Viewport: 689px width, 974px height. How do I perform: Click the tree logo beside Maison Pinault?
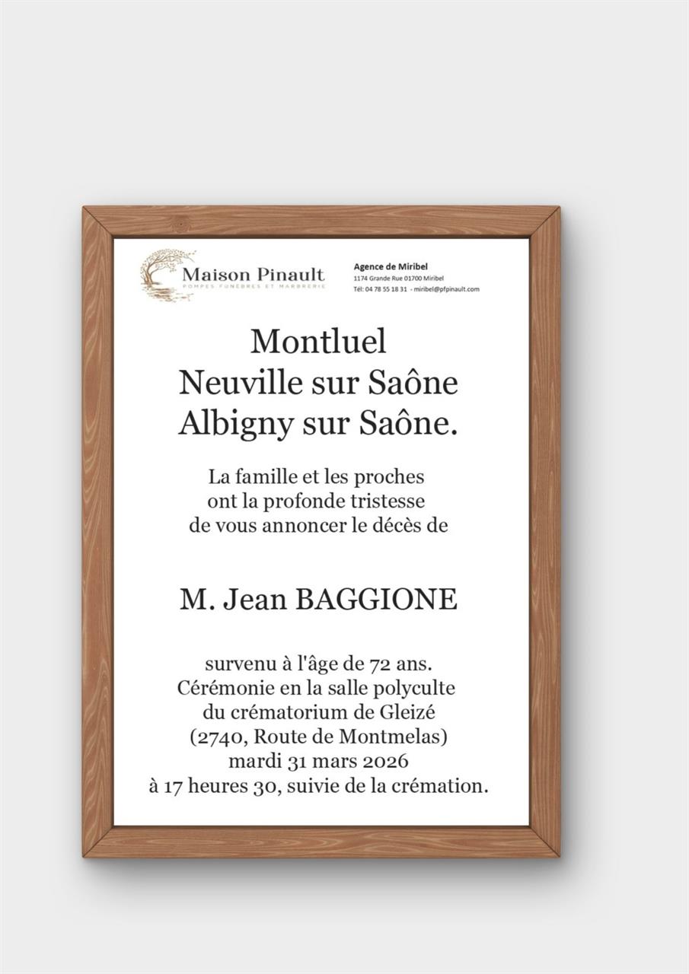point(164,275)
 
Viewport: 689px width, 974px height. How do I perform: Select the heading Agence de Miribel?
point(391,266)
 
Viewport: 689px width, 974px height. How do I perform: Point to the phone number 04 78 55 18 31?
point(385,290)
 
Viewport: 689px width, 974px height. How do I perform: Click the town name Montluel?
point(318,341)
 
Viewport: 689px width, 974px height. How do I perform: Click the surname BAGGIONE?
point(376,600)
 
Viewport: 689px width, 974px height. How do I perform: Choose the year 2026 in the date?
point(383,761)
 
